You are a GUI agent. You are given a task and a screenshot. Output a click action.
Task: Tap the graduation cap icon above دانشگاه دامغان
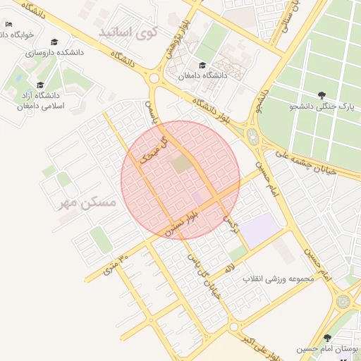coord(202,66)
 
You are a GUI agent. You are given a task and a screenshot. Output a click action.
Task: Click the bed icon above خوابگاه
coord(8,24)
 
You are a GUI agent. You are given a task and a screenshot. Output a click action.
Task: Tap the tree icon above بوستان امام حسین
coord(327,338)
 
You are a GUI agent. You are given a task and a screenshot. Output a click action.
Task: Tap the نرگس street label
coord(228,224)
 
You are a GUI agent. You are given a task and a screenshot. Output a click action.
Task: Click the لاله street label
coord(230,267)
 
